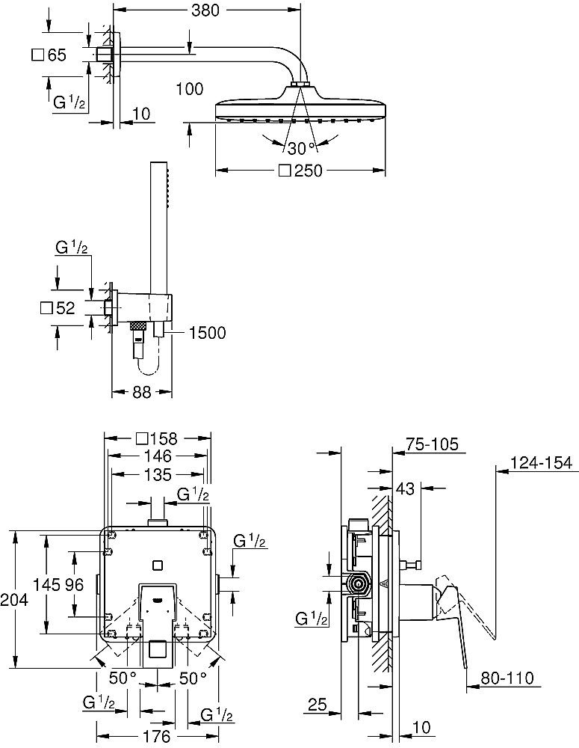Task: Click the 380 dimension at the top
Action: point(205,10)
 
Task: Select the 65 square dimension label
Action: point(49,55)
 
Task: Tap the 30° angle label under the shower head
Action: point(302,148)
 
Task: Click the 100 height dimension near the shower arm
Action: point(190,89)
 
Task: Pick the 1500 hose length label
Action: point(207,333)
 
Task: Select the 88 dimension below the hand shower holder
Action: point(142,392)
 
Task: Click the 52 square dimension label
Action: point(58,308)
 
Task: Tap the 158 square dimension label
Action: point(156,438)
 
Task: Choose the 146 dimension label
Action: point(158,456)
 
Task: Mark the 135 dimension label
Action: point(158,475)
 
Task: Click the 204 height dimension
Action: point(14,599)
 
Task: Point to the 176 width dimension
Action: point(157,736)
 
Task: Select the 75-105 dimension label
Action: point(432,444)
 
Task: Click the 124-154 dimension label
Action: point(541,462)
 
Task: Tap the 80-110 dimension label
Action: point(507,678)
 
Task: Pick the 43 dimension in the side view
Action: point(405,488)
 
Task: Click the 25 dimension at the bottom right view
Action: point(318,704)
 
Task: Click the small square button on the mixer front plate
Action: point(157,565)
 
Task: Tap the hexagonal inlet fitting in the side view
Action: point(358,583)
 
